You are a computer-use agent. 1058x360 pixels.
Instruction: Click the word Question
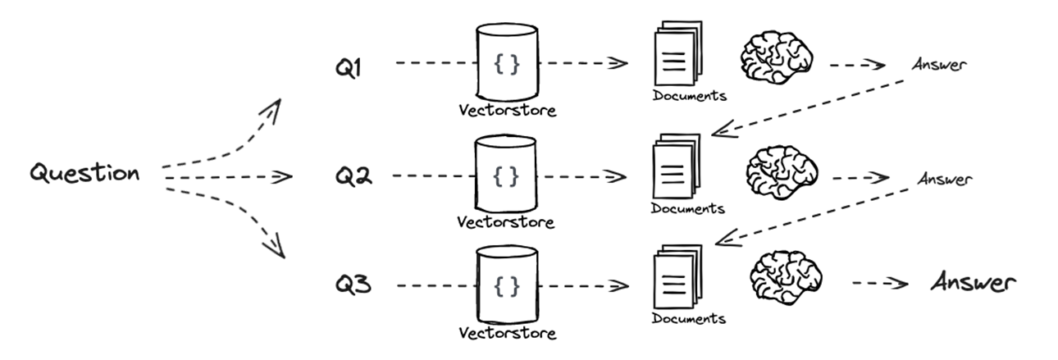pyautogui.click(x=84, y=174)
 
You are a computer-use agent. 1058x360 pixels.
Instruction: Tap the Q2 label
pyautogui.click(x=353, y=175)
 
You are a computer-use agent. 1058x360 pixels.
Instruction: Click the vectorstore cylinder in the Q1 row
pyautogui.click(x=507, y=61)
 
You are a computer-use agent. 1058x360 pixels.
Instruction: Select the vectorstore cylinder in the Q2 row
pyautogui.click(x=507, y=173)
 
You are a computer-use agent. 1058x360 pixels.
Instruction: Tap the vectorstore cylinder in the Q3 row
pyautogui.click(x=507, y=285)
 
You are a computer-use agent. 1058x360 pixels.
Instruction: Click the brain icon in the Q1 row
pyautogui.click(x=776, y=59)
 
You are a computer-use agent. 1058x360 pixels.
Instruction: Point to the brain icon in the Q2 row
pyautogui.click(x=781, y=172)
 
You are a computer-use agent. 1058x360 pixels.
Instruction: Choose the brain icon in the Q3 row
pyautogui.click(x=784, y=277)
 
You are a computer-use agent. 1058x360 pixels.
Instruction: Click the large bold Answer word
pyautogui.click(x=974, y=284)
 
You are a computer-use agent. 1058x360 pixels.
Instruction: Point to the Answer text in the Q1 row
pyautogui.click(x=937, y=65)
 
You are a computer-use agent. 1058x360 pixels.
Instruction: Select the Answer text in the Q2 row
pyautogui.click(x=944, y=178)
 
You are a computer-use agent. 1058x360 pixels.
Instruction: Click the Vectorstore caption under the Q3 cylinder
pyautogui.click(x=507, y=333)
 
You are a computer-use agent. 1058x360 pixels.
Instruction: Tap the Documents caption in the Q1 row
pyautogui.click(x=690, y=95)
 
